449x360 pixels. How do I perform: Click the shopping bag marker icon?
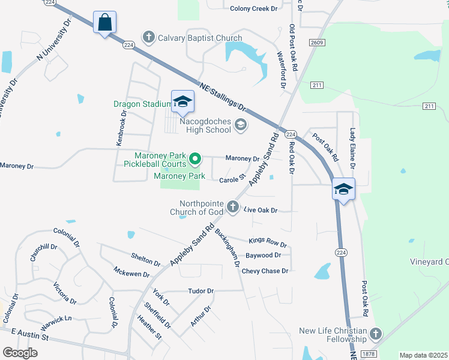[x=104, y=23]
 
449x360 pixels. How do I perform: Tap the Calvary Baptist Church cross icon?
[x=148, y=38]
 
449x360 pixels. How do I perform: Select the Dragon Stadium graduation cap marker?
[x=182, y=101]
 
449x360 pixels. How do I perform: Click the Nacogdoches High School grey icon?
[x=241, y=125]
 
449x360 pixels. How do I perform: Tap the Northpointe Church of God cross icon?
[x=233, y=208]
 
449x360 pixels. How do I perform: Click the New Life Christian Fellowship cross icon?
[x=376, y=334]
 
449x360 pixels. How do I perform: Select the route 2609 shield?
[x=318, y=42]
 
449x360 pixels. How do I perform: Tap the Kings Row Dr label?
[x=268, y=242]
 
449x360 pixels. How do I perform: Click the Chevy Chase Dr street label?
[x=265, y=271]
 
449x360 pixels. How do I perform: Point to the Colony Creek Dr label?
[x=254, y=8]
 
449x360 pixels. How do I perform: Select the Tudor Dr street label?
[x=200, y=291]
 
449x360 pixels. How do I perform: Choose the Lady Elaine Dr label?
[x=353, y=149]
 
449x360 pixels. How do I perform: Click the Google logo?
[x=20, y=353]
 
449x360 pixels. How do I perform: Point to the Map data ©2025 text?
[x=423, y=355]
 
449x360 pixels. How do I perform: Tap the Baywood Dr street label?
[x=274, y=256]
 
